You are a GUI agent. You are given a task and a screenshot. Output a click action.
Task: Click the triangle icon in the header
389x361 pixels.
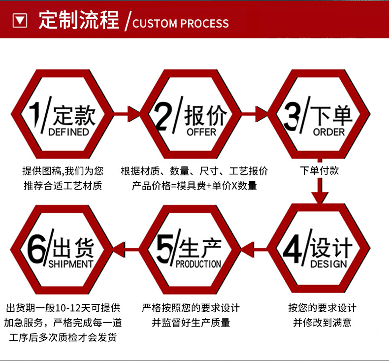[x=20, y=20]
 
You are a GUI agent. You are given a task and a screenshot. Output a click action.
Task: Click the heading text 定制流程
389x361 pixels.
[x=79, y=20]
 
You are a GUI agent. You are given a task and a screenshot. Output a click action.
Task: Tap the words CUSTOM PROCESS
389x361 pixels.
[x=181, y=23]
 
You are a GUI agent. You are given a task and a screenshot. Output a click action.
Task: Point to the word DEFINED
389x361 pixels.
[x=68, y=132]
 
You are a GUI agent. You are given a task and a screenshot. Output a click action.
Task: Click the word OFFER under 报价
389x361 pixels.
[x=201, y=132]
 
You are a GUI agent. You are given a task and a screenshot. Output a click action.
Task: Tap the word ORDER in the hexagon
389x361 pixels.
[x=329, y=132]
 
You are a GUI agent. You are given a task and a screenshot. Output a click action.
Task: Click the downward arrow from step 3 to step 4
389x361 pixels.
[x=320, y=183]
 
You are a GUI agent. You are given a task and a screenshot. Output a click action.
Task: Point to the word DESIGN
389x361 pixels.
[x=329, y=264]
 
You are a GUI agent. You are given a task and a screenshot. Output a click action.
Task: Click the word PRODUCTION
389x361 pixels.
[x=198, y=264]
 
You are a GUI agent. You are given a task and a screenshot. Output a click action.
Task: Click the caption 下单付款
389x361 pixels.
[x=320, y=171]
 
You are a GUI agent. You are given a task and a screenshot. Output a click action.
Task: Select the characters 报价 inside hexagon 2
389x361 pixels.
[x=205, y=117]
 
